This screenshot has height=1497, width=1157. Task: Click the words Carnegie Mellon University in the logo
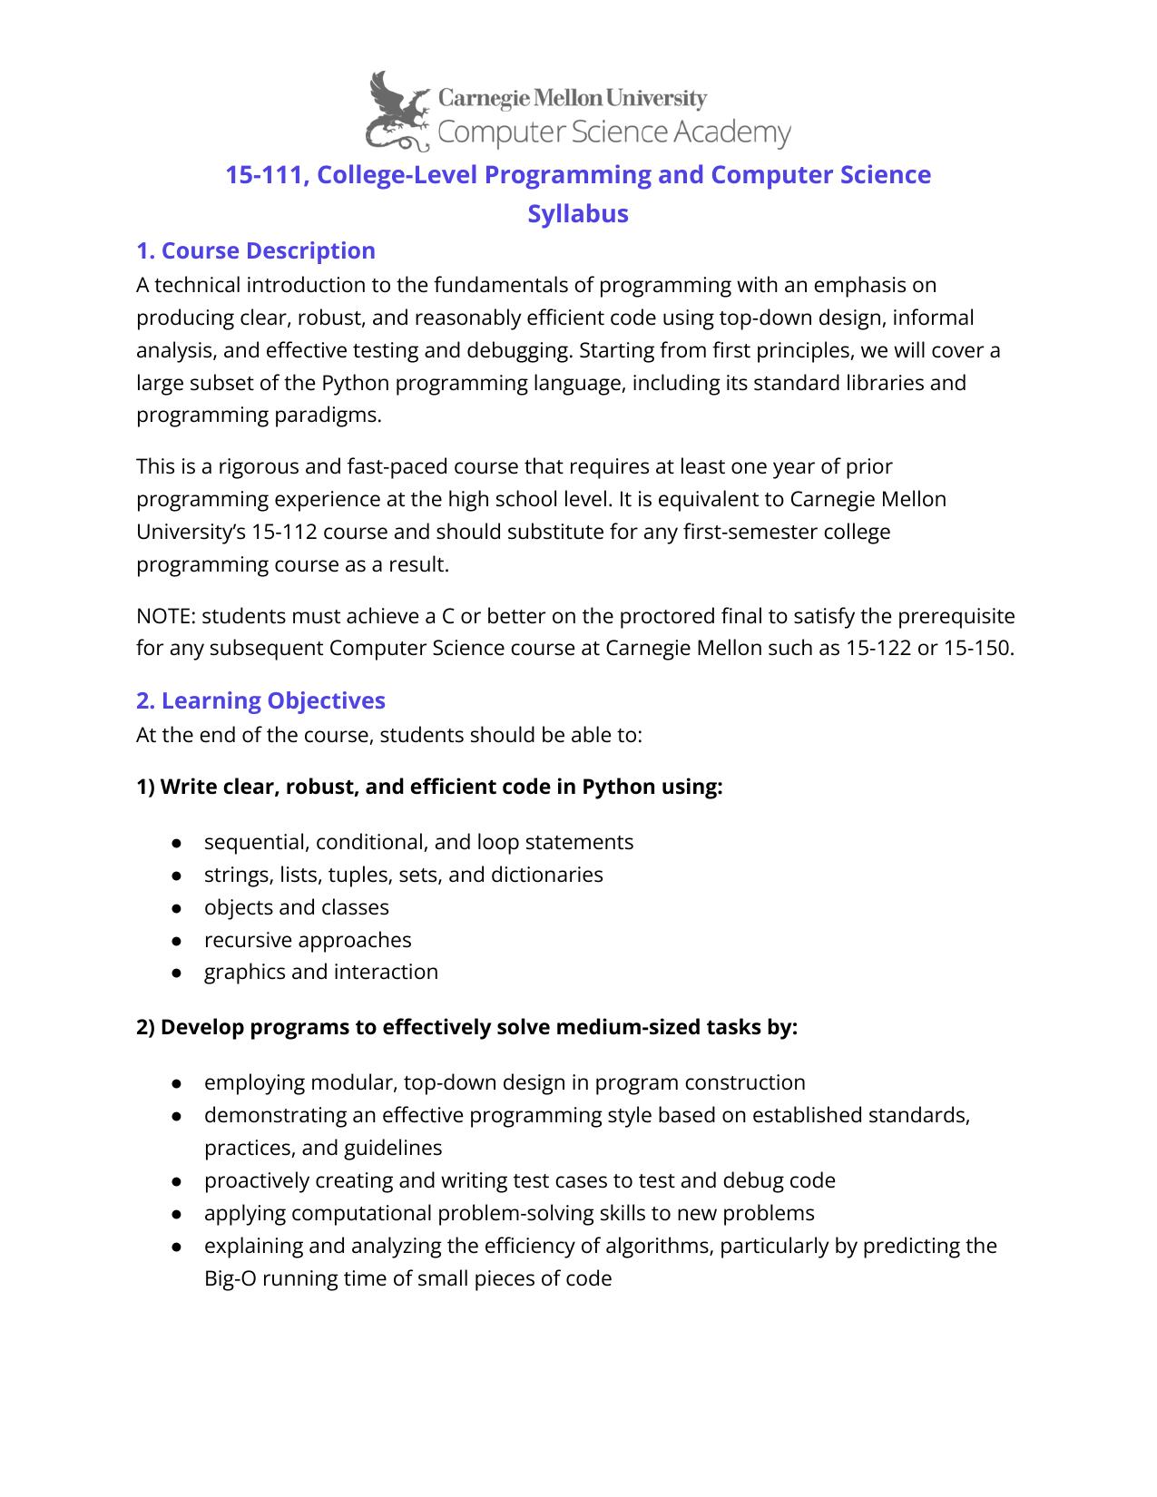[572, 98]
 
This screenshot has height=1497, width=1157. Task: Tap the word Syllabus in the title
[578, 214]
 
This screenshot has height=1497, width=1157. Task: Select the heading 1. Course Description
[255, 250]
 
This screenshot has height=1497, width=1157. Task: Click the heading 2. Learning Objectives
[260, 700]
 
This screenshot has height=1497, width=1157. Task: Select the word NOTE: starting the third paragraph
[166, 616]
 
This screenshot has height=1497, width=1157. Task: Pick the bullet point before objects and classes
[178, 908]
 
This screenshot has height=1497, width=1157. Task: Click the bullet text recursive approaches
[308, 940]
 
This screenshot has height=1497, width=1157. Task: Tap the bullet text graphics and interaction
[320, 972]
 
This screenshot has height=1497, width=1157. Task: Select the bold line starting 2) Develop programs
[466, 1027]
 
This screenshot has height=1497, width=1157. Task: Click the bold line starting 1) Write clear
[429, 787]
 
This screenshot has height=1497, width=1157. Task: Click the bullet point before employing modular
[178, 1083]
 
